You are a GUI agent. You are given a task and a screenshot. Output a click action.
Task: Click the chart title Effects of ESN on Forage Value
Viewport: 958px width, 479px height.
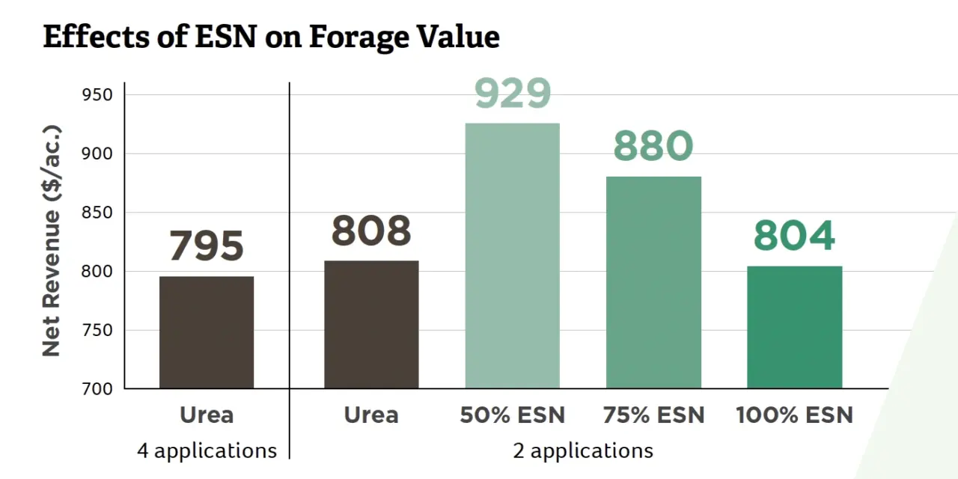[271, 36]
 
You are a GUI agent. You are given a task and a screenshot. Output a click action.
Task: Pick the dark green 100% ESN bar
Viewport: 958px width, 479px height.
[794, 327]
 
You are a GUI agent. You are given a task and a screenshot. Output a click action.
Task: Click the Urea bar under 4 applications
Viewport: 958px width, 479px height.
[207, 332]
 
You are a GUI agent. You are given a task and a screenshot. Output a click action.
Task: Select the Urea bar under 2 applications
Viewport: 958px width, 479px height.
[371, 325]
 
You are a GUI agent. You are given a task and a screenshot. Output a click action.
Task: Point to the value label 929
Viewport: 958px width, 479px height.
[513, 94]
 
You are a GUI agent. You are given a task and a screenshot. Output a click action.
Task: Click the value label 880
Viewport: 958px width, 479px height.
[653, 147]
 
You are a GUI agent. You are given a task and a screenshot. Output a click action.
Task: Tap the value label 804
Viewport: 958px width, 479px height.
[794, 236]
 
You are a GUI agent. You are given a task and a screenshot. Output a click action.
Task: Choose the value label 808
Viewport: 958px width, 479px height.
[371, 231]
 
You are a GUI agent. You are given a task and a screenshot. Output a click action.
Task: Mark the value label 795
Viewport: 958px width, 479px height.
[207, 246]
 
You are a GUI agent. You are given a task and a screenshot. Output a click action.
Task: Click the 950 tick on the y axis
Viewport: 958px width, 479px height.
[98, 95]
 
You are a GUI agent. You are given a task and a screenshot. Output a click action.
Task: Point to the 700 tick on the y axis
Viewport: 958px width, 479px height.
[98, 388]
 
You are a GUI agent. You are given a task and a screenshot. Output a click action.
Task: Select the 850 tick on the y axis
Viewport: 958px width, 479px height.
[98, 213]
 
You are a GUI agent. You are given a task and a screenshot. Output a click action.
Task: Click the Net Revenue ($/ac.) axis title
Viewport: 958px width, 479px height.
[51, 239]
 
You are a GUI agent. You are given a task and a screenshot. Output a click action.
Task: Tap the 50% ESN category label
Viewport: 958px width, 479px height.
[513, 415]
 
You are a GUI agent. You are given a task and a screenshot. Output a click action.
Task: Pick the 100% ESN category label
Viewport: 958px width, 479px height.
[794, 415]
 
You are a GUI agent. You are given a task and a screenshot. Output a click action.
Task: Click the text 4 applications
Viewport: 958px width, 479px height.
[207, 451]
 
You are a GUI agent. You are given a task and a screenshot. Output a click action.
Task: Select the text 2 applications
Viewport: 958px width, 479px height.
[583, 451]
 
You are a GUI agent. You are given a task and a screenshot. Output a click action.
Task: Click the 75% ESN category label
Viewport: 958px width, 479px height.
[653, 415]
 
